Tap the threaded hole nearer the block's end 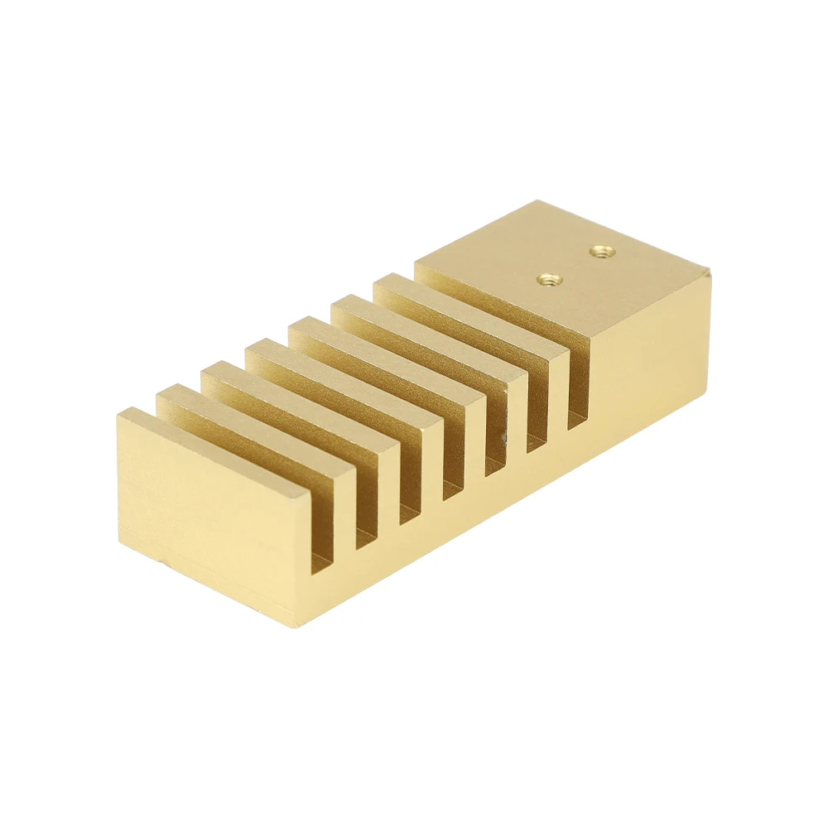[x=599, y=250]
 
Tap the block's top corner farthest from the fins [x=709, y=271]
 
